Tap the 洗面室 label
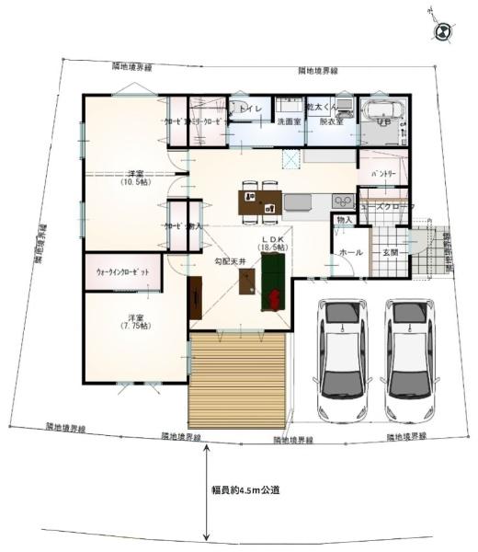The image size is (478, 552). pos(290,121)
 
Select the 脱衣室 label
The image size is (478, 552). pos(331,121)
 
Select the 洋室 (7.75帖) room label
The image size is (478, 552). pos(140,323)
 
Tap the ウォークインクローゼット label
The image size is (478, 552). pos(123,273)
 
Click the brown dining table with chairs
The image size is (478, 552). pos(259,202)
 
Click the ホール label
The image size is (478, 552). pos(349,251)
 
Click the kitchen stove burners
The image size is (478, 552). pos(342,200)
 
